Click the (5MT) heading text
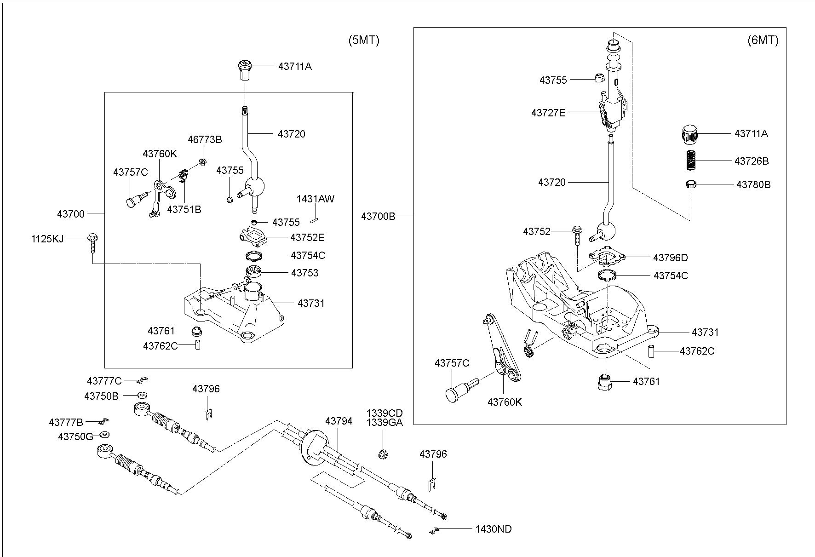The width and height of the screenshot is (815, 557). (x=363, y=40)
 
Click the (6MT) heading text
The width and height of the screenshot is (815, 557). (x=763, y=40)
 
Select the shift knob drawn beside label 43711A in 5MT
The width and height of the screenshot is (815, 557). (x=246, y=69)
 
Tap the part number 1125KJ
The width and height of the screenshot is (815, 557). (x=47, y=239)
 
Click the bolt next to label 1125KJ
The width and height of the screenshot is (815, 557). (x=91, y=242)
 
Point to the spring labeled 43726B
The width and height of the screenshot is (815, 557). (x=689, y=161)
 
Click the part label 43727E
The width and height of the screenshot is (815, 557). (x=548, y=113)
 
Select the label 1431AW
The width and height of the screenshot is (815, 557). (x=315, y=199)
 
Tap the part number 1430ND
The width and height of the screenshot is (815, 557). (x=494, y=529)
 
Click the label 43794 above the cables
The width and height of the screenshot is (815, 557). (x=339, y=421)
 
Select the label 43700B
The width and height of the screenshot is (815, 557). (x=378, y=216)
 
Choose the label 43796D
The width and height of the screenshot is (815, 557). (x=670, y=258)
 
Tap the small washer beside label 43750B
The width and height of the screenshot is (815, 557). (x=143, y=395)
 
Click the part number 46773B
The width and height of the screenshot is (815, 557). (x=205, y=140)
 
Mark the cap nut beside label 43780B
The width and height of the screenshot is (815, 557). (x=689, y=184)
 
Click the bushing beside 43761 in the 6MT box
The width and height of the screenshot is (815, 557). (x=605, y=382)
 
